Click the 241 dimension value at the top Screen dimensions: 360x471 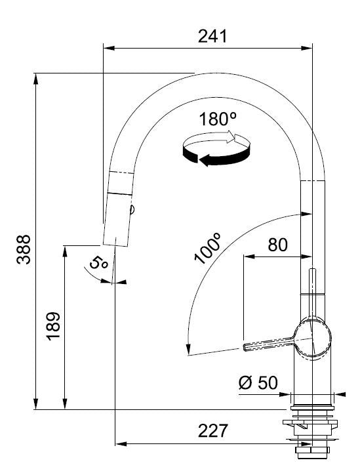pyautogui.click(x=212, y=36)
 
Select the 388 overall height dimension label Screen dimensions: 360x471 pyautogui.click(x=24, y=249)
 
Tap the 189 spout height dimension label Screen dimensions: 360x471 pyautogui.click(x=53, y=326)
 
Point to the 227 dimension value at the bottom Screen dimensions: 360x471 pyautogui.click(x=213, y=431)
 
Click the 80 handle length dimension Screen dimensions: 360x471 pyautogui.click(x=277, y=245)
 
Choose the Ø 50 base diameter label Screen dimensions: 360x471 pyautogui.click(x=258, y=382)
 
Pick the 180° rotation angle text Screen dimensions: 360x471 pyautogui.click(x=218, y=119)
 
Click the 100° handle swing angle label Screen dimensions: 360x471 pyautogui.click(x=207, y=249)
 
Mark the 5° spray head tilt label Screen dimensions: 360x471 pyautogui.click(x=98, y=262)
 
